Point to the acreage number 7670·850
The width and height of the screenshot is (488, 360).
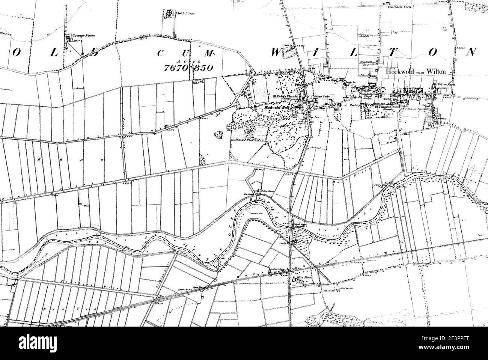[x=188, y=68]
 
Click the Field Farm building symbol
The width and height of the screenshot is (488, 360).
[x=169, y=14]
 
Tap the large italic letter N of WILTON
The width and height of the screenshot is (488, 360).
[x=472, y=52]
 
